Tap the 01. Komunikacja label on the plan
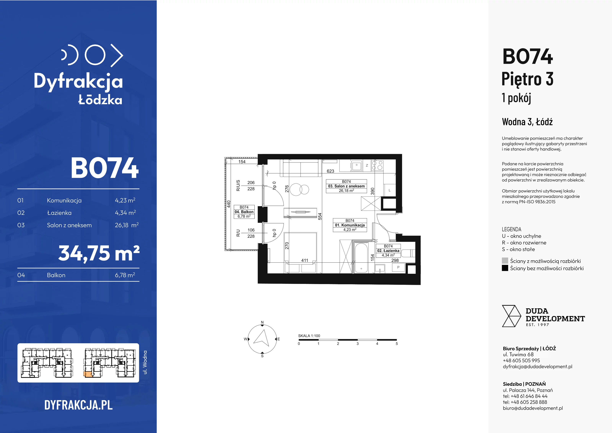[350, 225]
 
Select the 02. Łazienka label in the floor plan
[388, 251]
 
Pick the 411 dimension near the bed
[305, 260]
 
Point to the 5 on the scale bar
[397, 344]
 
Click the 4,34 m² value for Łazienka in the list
[125, 213]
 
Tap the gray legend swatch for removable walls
[505, 261]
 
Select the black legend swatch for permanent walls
[505, 268]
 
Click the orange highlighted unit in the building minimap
[88, 374]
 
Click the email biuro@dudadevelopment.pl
[533, 408]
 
